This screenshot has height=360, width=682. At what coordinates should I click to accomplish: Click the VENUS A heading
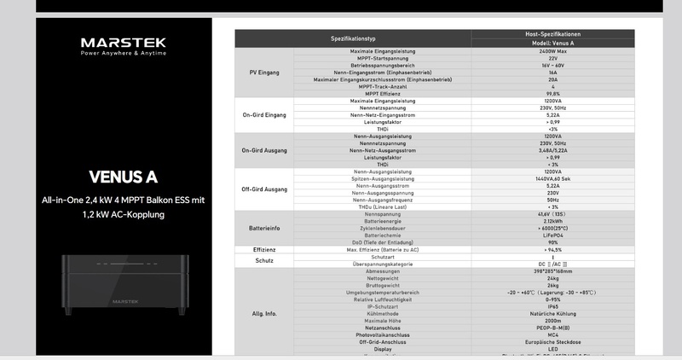[x=122, y=177]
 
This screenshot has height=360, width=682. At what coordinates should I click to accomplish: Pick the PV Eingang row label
[x=263, y=72]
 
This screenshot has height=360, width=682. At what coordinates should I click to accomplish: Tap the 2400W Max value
[x=553, y=51]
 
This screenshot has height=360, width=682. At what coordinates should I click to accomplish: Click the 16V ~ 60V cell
[x=553, y=65]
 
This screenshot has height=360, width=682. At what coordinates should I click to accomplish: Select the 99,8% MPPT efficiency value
[x=553, y=93]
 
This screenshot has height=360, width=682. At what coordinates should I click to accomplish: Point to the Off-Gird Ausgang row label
[x=263, y=189]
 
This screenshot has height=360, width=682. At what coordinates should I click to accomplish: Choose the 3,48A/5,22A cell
[x=553, y=150]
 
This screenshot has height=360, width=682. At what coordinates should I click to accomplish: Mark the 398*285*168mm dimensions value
[x=553, y=270]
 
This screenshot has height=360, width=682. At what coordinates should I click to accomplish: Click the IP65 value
[x=553, y=305]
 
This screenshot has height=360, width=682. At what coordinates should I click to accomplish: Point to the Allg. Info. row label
[x=263, y=314]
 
